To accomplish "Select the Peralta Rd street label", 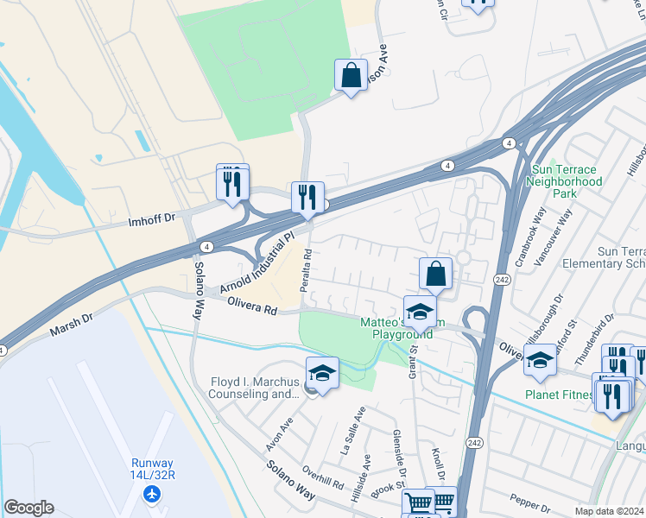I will [307, 270].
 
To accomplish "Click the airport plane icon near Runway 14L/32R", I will [153, 494].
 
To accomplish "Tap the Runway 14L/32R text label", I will [153, 470].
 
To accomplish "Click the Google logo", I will [28, 508].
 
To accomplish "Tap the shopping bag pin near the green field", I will [351, 76].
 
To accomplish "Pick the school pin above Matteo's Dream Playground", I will [420, 312].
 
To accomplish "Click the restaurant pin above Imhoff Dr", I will [232, 183].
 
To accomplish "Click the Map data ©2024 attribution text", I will [609, 511].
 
